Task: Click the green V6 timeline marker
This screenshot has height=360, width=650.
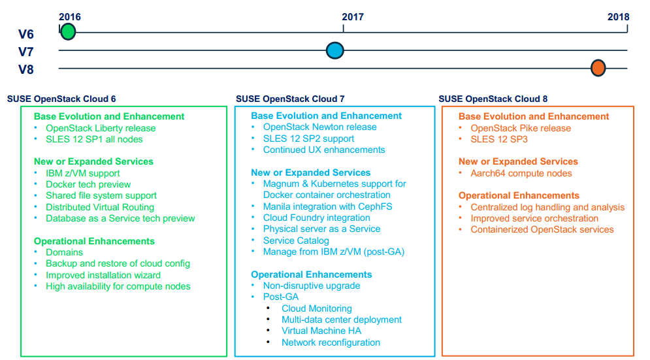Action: (x=68, y=31)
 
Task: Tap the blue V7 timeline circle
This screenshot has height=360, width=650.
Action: (x=335, y=50)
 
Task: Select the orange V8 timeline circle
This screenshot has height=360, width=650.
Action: (x=598, y=67)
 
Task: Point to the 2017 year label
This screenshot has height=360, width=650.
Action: (x=353, y=17)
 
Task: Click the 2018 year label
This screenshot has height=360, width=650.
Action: (x=618, y=17)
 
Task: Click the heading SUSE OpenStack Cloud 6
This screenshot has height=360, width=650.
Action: (x=61, y=99)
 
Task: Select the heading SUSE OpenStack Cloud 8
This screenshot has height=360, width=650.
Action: (x=493, y=99)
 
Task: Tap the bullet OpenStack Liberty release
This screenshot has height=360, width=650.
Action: (x=101, y=128)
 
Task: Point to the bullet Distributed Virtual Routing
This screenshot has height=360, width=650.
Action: (x=100, y=207)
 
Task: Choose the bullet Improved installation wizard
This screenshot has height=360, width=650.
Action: (x=103, y=275)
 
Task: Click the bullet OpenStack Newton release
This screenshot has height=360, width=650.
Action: (x=319, y=127)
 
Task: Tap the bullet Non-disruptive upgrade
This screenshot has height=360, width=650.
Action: (x=311, y=286)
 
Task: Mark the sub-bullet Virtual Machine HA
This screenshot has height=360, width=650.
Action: (x=321, y=331)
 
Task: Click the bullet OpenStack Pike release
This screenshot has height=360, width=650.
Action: (x=521, y=128)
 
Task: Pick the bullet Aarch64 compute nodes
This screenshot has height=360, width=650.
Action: (x=521, y=173)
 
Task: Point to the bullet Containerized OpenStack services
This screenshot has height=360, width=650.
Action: (x=542, y=229)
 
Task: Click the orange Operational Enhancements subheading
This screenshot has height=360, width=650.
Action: (x=519, y=195)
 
